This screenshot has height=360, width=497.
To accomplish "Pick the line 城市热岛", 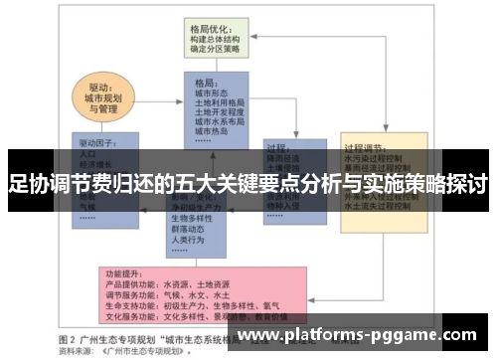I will click(212, 131).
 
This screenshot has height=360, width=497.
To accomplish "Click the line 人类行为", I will click(188, 240).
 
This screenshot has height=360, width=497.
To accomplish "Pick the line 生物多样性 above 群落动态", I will click(193, 218).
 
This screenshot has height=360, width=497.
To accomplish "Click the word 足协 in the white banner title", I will click(27, 185).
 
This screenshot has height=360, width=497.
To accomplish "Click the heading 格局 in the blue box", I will click(206, 83).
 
